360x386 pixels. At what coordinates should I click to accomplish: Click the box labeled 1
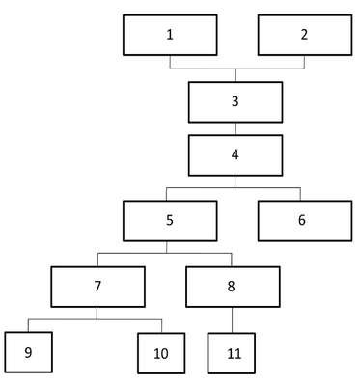point(170,35)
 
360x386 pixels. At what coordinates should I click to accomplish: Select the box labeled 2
point(305,35)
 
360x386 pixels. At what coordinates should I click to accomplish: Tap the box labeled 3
point(235,102)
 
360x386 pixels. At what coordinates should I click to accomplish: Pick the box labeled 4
point(235,155)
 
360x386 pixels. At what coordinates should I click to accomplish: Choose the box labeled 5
point(170,221)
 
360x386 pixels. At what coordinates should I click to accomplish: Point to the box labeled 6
point(305,221)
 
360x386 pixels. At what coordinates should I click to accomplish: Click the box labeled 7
point(97,287)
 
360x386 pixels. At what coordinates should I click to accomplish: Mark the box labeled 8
point(233,287)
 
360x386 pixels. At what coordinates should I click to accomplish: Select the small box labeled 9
point(29,352)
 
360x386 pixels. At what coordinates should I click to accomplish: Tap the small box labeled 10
point(161,353)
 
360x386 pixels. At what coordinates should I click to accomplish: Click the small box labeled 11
point(232,353)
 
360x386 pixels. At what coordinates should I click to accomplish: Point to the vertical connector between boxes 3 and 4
point(235,128)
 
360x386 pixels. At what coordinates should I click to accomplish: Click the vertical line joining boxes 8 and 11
point(233,319)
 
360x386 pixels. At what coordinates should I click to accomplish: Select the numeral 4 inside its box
point(235,154)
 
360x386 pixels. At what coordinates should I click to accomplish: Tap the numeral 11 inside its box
point(234,354)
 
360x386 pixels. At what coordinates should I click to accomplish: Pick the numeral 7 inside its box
point(97,286)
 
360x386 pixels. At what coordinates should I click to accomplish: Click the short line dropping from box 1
point(170,62)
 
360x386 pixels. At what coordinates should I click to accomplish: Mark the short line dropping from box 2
point(305,62)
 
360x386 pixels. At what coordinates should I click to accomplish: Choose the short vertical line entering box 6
point(300,194)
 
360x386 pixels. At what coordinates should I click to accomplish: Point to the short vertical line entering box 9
point(28,326)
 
